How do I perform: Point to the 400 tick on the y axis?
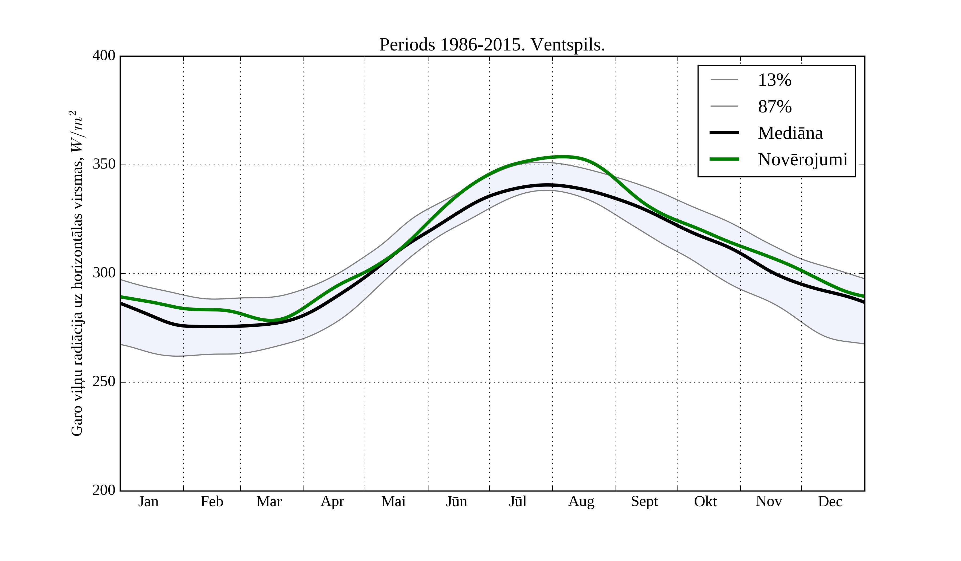coord(104,56)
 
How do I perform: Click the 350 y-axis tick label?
coord(104,165)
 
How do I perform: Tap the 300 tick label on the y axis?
coord(104,273)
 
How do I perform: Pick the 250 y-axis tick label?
coord(104,382)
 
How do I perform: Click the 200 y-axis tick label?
coord(104,490)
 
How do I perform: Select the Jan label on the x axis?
coord(148,501)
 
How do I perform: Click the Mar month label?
coord(269,501)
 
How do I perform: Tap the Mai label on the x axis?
coord(393,501)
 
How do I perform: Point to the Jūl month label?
coord(518,501)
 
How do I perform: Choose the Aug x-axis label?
coord(581,501)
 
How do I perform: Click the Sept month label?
coord(644,501)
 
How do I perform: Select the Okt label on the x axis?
coord(706,501)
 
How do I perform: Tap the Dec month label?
coord(830,501)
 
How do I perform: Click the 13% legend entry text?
coord(774,80)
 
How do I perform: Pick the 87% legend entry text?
coord(774,107)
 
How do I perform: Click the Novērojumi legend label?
coord(802,159)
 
